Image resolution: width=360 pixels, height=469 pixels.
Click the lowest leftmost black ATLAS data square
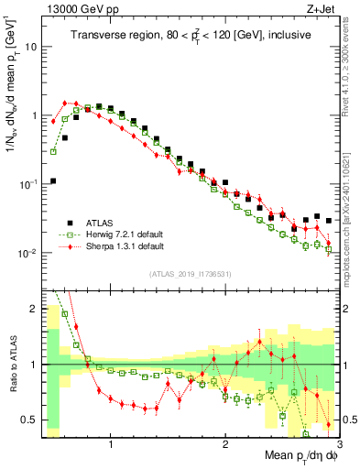tap(53, 180)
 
